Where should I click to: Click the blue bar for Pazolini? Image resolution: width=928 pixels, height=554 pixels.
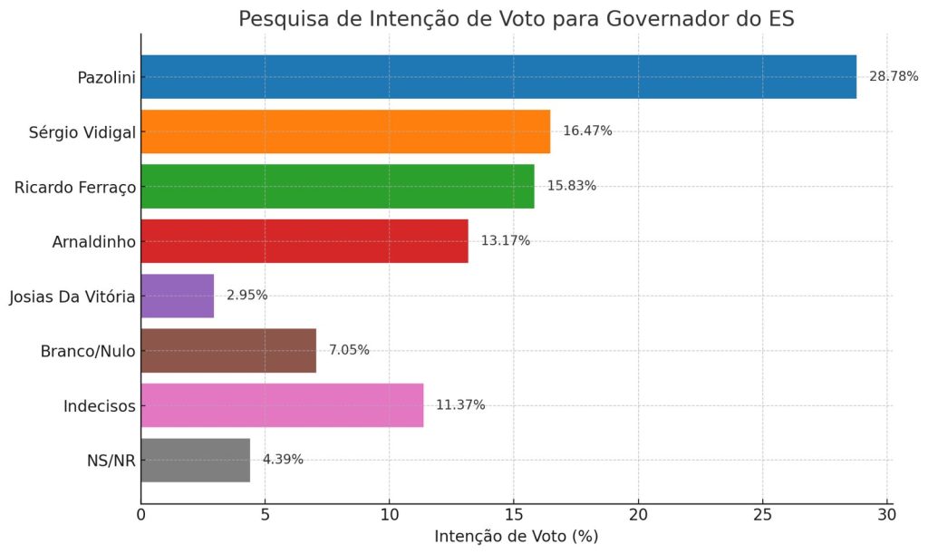tap(498, 76)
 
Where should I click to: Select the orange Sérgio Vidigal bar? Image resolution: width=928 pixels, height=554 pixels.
tap(345, 131)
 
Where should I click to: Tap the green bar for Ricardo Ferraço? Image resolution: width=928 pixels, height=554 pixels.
tap(337, 186)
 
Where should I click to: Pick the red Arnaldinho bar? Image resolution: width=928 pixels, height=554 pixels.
tap(304, 241)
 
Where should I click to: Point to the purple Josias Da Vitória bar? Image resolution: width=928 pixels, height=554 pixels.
tap(178, 296)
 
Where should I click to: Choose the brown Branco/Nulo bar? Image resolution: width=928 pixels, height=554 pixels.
tap(228, 351)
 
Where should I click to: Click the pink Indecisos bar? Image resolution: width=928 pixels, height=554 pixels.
tap(282, 405)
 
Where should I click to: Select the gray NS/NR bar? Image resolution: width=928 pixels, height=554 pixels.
tap(196, 460)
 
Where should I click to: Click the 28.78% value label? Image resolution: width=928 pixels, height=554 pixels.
tap(894, 76)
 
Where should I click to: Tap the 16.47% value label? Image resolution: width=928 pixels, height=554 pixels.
tap(587, 131)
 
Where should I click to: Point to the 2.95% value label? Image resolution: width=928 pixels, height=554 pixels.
tap(246, 296)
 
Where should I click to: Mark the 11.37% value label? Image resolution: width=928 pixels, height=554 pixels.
tap(460, 405)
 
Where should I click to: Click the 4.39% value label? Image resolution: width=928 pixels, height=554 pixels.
tap(283, 460)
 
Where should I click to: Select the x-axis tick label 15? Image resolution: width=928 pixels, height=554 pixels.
tap(514, 515)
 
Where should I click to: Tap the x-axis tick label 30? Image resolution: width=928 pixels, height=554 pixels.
tap(887, 515)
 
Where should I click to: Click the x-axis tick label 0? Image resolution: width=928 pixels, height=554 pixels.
tap(141, 515)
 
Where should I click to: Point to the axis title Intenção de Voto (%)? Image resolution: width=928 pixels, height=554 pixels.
tap(516, 537)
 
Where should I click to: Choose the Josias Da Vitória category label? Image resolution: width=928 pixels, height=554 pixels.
tap(72, 296)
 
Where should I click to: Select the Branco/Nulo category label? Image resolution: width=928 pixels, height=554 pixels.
tap(88, 351)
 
